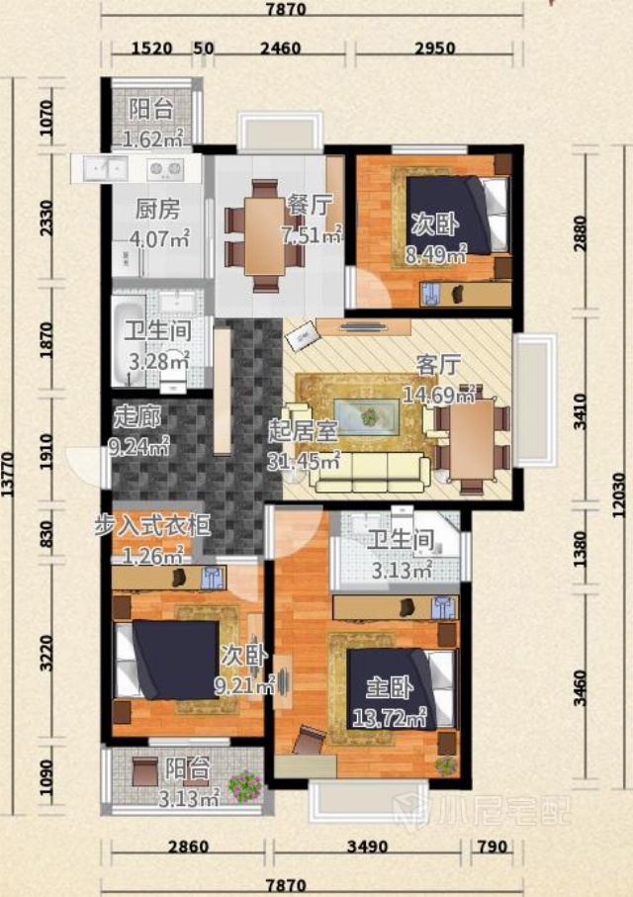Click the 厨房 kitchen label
[x=157, y=210]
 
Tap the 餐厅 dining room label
[x=309, y=205]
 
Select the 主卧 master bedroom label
[x=389, y=686]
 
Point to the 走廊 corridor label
[x=136, y=417]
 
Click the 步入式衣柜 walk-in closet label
[x=152, y=526]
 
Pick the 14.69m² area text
[x=439, y=395]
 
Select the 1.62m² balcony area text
[x=153, y=138]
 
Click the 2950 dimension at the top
[x=434, y=47]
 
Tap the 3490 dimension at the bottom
[x=368, y=847]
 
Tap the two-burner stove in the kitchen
[x=165, y=168]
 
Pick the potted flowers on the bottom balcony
[x=245, y=786]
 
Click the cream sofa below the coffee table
[x=370, y=472]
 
